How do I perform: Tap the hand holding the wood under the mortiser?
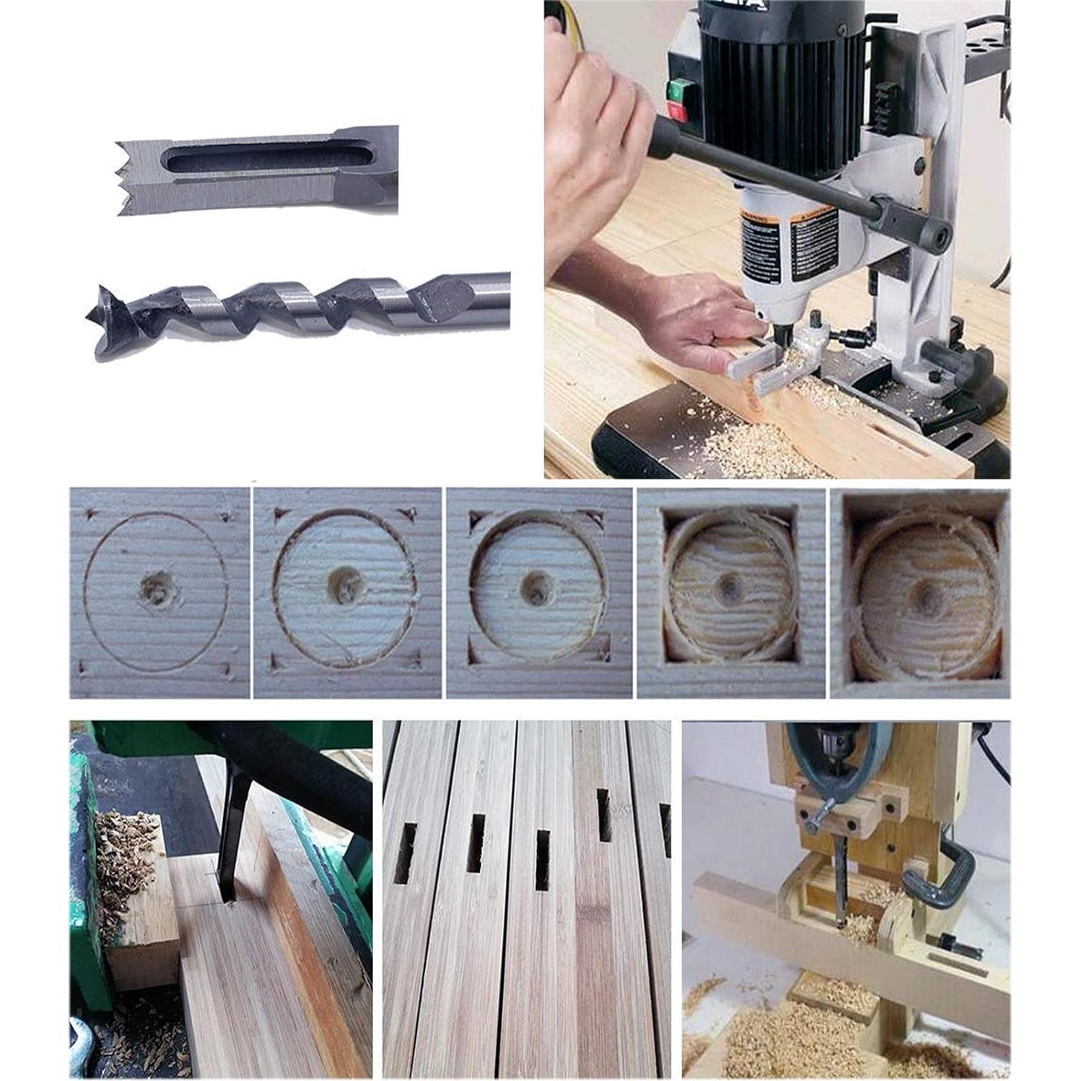pos(693,325)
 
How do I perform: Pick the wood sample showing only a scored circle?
pos(158,592)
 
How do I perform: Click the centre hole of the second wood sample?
pos(345,583)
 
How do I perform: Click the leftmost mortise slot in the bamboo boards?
pos(405,854)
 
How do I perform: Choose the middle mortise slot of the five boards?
pos(542,859)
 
